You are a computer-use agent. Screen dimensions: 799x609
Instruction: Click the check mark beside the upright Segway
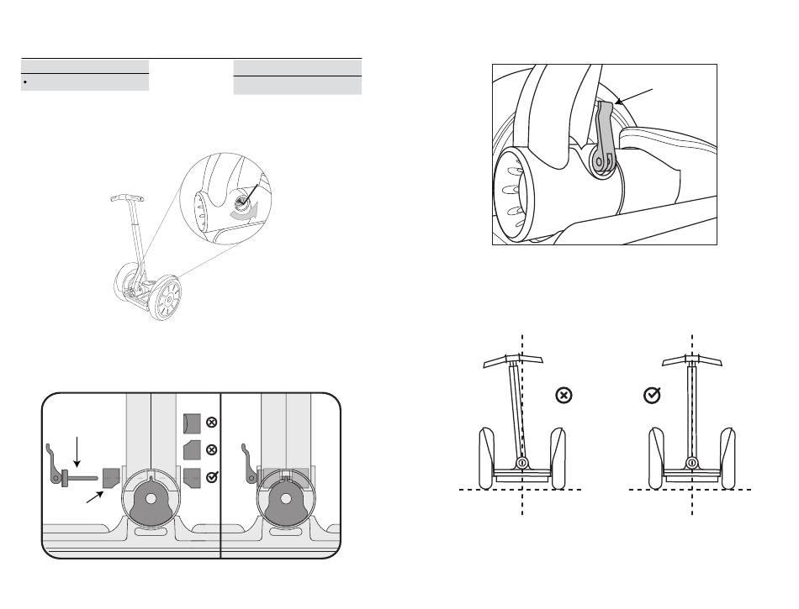pos(651,394)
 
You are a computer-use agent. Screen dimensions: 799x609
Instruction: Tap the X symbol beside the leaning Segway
pos(564,394)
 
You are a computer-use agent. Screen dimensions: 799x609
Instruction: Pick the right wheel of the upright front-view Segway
pos(728,459)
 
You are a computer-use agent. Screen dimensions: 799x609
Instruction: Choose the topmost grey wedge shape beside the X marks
pos(191,422)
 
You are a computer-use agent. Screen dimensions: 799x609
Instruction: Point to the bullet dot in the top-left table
pos(28,83)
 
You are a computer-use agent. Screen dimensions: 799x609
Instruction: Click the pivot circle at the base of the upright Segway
pos(691,463)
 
